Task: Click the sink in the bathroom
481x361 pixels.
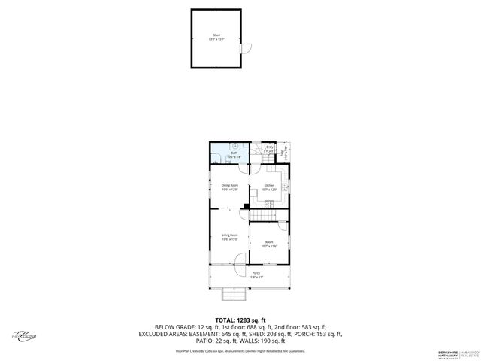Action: (x=234, y=146)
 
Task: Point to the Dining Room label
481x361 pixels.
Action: (x=229, y=186)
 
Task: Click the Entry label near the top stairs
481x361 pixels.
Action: (x=269, y=148)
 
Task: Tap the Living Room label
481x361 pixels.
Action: (x=229, y=236)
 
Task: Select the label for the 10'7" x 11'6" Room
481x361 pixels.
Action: (x=269, y=243)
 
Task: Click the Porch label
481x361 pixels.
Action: (x=256, y=274)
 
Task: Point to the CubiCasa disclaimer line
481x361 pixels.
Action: (x=240, y=350)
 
